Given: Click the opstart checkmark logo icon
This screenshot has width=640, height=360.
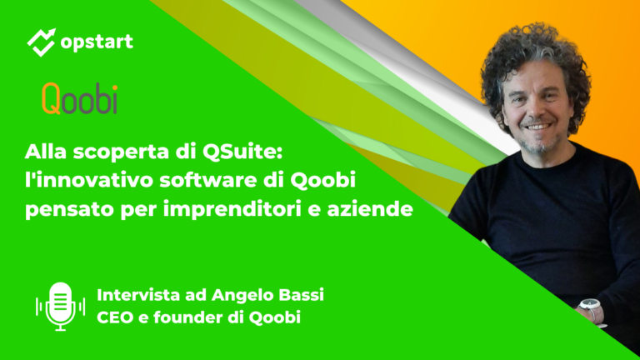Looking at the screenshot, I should (x=42, y=42).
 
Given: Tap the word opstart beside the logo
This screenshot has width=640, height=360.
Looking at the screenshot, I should (x=97, y=42).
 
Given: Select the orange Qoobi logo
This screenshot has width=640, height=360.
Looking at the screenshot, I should (x=79, y=99).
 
